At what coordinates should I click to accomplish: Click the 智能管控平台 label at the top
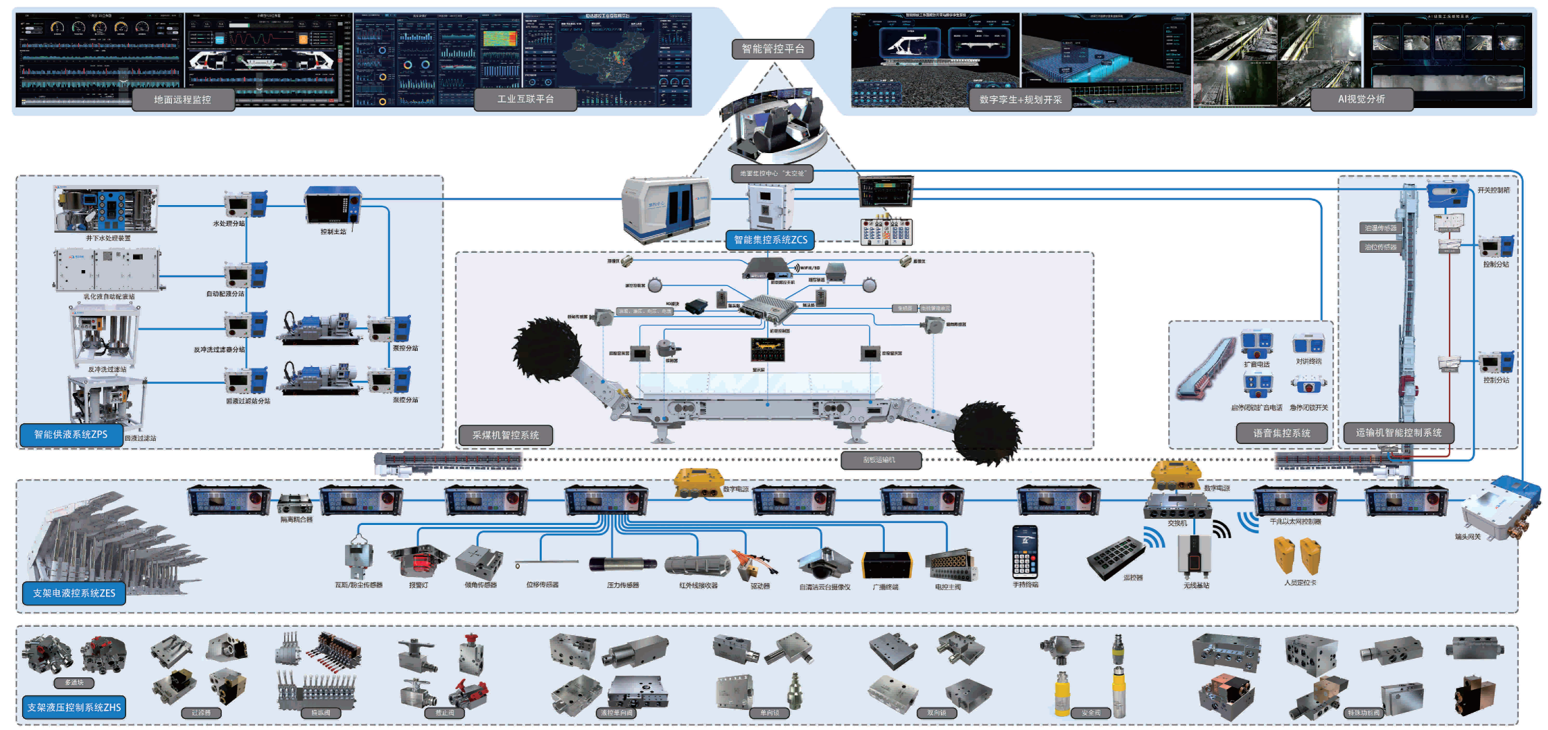coord(773,49)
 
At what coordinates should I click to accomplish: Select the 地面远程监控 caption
coord(182,100)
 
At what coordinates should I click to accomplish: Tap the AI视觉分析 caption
coord(1361,100)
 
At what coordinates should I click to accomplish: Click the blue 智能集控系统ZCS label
coord(771,240)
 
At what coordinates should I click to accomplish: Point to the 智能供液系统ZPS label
coord(71,434)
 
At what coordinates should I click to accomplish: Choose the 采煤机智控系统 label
coord(505,435)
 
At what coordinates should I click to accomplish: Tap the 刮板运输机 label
coord(879,460)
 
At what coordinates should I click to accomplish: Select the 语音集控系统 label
coord(1281,434)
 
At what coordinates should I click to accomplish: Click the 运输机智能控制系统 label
coord(1398,433)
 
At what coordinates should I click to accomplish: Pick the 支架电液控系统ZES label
coord(74,593)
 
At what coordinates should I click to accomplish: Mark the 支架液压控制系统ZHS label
coord(74,707)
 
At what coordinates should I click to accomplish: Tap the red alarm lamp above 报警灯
coord(417,559)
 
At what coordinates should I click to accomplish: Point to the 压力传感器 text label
coord(623,585)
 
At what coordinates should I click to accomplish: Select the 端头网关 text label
coord(1468,537)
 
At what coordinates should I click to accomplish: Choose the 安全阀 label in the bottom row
coord(1091,713)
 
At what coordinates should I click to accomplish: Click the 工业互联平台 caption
coord(525,100)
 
